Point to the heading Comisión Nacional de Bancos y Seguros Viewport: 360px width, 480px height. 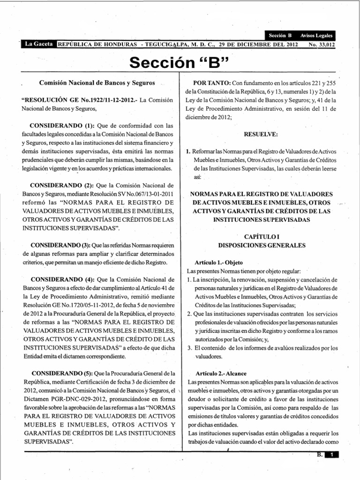click(x=97, y=82)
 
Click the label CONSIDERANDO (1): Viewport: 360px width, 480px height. click(x=63, y=126)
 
